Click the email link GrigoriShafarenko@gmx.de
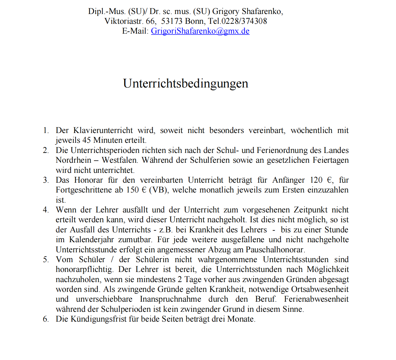point(200,31)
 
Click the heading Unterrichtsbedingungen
point(185,83)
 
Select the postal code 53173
point(172,21)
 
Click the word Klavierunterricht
point(103,130)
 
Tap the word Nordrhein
point(74,160)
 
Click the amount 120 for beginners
point(316,180)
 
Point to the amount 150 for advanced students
point(132,190)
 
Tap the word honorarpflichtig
point(84,269)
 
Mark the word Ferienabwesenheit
point(316,299)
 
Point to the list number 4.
point(46,210)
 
